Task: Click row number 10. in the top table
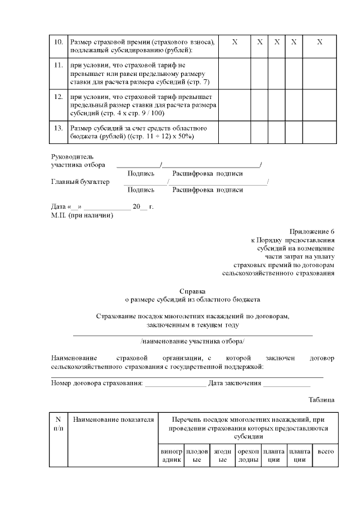pyautogui.click(x=58, y=43)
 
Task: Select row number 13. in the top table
pyautogui.click(x=58, y=128)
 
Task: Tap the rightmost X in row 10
pyautogui.click(x=319, y=43)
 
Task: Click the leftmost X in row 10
pyautogui.click(x=235, y=43)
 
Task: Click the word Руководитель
pyautogui.click(x=73, y=157)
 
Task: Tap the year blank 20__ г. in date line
pyautogui.click(x=143, y=207)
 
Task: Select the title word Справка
pyautogui.click(x=192, y=291)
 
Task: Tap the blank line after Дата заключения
pyautogui.click(x=287, y=384)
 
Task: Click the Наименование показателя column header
pyautogui.click(x=113, y=420)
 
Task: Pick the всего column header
pyautogui.click(x=323, y=451)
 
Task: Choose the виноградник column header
pyautogui.click(x=171, y=455)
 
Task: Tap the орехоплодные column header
pyautogui.click(x=248, y=455)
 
